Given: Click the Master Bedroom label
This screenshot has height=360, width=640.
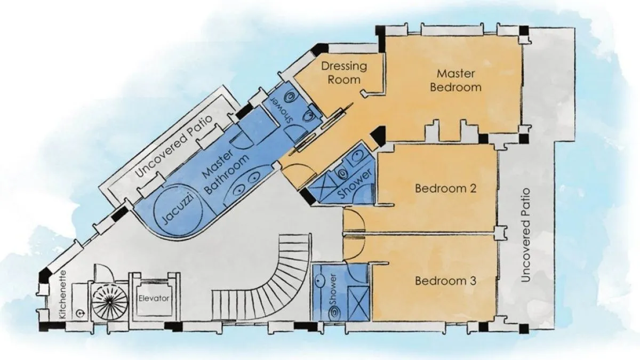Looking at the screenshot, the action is [x=455, y=81].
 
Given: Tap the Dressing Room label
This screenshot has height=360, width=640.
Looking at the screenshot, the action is [x=344, y=73].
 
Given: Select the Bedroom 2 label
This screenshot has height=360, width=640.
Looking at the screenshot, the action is [x=445, y=189].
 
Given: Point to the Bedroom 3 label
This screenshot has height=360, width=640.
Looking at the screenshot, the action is [x=445, y=281].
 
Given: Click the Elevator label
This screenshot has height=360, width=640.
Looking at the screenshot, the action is [x=154, y=299].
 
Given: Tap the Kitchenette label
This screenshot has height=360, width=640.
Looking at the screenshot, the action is [x=63, y=294].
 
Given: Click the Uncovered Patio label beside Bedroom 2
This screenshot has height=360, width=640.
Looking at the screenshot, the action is [x=526, y=235].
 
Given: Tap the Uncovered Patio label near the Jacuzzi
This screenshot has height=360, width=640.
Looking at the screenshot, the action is [x=174, y=146].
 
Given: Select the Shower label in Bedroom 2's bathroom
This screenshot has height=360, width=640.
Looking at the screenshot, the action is [x=355, y=183].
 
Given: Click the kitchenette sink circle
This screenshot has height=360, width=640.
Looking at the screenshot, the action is [x=79, y=314].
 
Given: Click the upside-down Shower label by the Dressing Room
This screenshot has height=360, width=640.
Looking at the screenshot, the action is [x=282, y=110].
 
